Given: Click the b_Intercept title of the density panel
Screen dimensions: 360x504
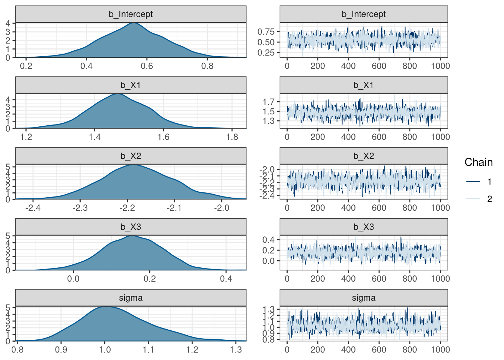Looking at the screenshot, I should [x=130, y=14].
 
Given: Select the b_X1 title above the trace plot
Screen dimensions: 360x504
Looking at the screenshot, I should [x=363, y=85].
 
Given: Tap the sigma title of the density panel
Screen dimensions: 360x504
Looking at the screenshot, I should [x=130, y=298].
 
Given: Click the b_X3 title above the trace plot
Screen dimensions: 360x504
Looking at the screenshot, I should [x=363, y=227].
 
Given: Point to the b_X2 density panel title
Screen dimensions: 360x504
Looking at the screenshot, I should [x=130, y=156].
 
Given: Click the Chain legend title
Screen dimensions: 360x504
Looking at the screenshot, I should [x=478, y=162].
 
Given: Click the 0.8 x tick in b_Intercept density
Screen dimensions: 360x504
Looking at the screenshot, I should [x=207, y=66].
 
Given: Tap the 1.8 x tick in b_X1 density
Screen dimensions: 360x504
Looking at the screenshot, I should [x=232, y=137].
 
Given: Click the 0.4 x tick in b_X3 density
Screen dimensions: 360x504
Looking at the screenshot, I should [x=226, y=279].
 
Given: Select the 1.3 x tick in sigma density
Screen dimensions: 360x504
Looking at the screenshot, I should [x=236, y=349].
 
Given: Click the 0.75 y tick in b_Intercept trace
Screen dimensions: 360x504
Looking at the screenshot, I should [x=266, y=31].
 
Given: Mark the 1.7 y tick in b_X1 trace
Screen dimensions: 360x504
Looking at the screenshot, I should [x=269, y=102].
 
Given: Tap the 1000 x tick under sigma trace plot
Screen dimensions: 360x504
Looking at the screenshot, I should [x=440, y=349].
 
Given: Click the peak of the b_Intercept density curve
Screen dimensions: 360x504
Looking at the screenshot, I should [x=133, y=23].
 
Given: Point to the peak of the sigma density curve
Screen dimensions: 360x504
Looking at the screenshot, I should [x=106, y=306].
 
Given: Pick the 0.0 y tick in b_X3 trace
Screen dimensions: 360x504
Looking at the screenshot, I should [x=269, y=261].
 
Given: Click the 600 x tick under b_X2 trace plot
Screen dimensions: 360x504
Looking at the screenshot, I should [x=379, y=208].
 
